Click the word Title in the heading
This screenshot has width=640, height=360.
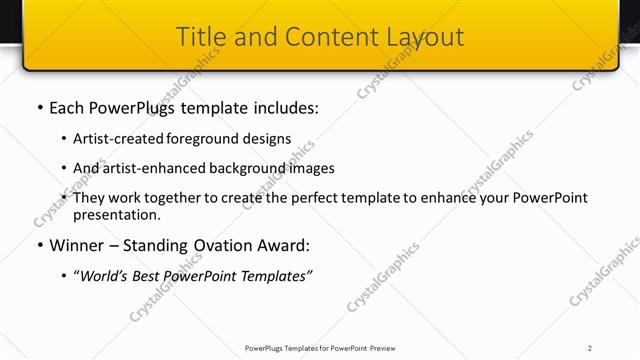pyautogui.click(x=200, y=38)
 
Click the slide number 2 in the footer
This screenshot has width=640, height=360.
pyautogui.click(x=590, y=348)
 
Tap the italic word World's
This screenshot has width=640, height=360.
pyautogui.click(x=105, y=274)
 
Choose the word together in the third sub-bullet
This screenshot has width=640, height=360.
pyautogui.click(x=176, y=198)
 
